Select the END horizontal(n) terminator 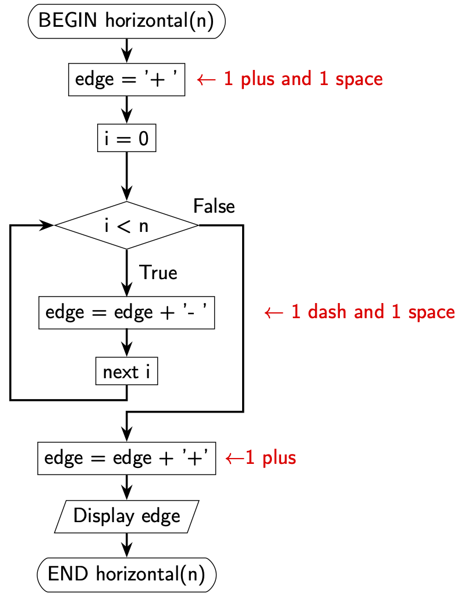pyautogui.click(x=126, y=574)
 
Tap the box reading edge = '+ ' pyautogui.click(x=126, y=79)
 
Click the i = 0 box pyautogui.click(x=126, y=139)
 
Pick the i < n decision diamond pyautogui.click(x=126, y=226)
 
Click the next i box pyautogui.click(x=126, y=372)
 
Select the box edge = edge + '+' pyautogui.click(x=126, y=457)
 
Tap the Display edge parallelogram pyautogui.click(x=126, y=516)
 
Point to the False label pyautogui.click(x=214, y=206)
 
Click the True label pyautogui.click(x=158, y=273)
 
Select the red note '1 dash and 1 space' pyautogui.click(x=359, y=312)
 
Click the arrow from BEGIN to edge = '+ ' pyautogui.click(x=126, y=51)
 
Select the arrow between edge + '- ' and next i pyautogui.click(x=126, y=343)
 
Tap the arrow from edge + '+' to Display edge pyautogui.click(x=126, y=487)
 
